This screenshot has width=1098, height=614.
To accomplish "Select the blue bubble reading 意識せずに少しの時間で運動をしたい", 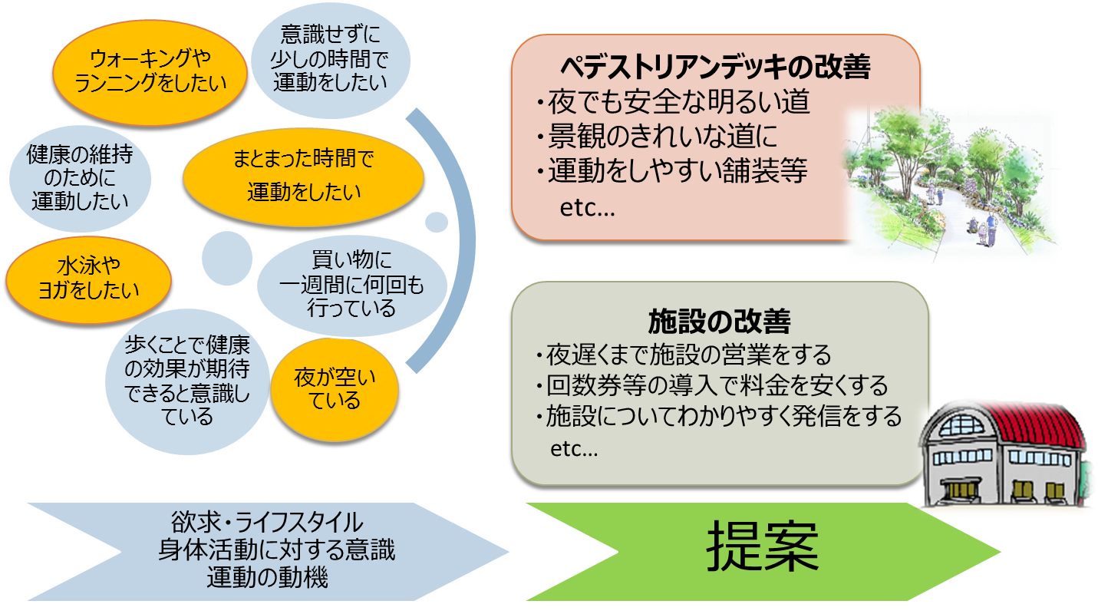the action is tap(331, 60).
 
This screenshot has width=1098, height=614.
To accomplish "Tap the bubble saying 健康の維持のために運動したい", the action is tap(80, 178).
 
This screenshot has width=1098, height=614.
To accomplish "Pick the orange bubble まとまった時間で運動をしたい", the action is tap(303, 177).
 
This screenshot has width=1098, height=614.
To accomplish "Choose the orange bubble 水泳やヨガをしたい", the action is tap(89, 279).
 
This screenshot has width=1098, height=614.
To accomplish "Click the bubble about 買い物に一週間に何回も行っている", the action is tap(352, 286).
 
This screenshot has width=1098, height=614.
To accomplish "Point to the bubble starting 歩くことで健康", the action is tap(187, 381).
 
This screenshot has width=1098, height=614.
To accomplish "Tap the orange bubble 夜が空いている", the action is tap(335, 389).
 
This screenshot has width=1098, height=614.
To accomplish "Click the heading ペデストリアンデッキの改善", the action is tap(715, 67).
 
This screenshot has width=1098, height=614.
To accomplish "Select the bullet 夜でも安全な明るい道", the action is tap(672, 101).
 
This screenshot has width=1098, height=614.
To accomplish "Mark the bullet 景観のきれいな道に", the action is tap(657, 136).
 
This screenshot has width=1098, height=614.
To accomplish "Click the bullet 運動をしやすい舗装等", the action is tap(671, 170).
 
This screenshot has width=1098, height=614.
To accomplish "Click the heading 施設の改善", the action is tap(719, 322).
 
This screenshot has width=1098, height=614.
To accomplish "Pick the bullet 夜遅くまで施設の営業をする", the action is tap(684, 355).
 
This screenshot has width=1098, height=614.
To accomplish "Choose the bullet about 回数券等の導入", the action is tap(712, 385).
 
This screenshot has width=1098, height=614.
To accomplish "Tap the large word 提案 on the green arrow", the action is tap(762, 546).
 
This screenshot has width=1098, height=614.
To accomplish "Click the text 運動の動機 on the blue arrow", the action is tap(267, 576).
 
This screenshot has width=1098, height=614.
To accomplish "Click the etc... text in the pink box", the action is tap(587, 209).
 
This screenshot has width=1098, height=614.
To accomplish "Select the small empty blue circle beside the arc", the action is tap(437, 222).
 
